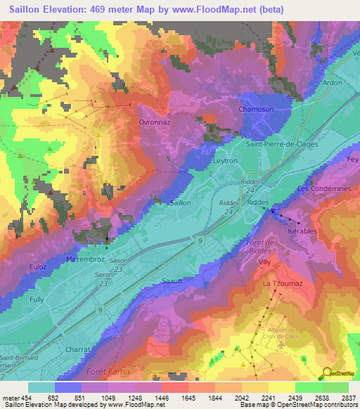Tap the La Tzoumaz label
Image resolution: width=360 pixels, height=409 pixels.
278,283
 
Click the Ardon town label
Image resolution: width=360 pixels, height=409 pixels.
331,82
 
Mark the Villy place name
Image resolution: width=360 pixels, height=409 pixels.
264,261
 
